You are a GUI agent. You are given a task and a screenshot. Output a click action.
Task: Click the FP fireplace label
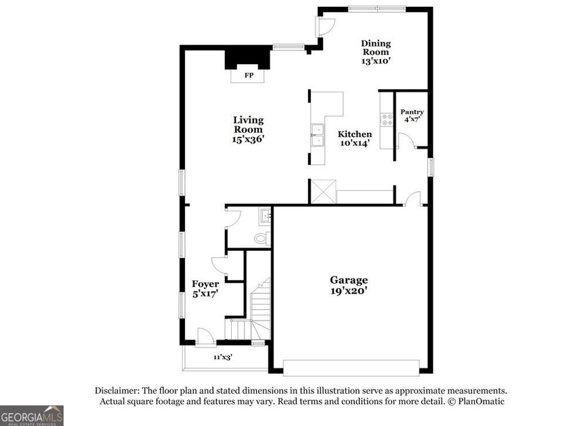(x=248, y=76)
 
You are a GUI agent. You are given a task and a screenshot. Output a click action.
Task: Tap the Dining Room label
(x=375, y=52)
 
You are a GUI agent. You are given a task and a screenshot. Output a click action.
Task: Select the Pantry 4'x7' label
(x=412, y=116)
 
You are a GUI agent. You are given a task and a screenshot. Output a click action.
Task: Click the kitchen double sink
(x=316, y=136)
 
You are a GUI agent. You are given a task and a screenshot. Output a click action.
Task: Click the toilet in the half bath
(x=262, y=238)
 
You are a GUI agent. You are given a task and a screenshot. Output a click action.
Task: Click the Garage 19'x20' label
(x=349, y=285)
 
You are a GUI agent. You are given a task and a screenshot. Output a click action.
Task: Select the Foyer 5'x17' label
(x=205, y=288)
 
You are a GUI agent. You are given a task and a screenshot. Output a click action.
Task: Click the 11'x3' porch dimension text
(x=223, y=357)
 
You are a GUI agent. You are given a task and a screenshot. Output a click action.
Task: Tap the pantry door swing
(x=405, y=141)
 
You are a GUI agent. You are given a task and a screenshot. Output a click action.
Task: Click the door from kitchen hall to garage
(x=412, y=199)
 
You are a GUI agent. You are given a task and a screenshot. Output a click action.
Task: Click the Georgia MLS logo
(x=31, y=415)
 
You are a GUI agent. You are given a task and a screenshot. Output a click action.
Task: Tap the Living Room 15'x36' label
(x=248, y=129)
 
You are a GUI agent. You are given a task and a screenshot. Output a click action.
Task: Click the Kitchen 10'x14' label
(x=356, y=139)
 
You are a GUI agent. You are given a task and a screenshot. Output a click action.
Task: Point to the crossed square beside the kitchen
(x=323, y=191)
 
